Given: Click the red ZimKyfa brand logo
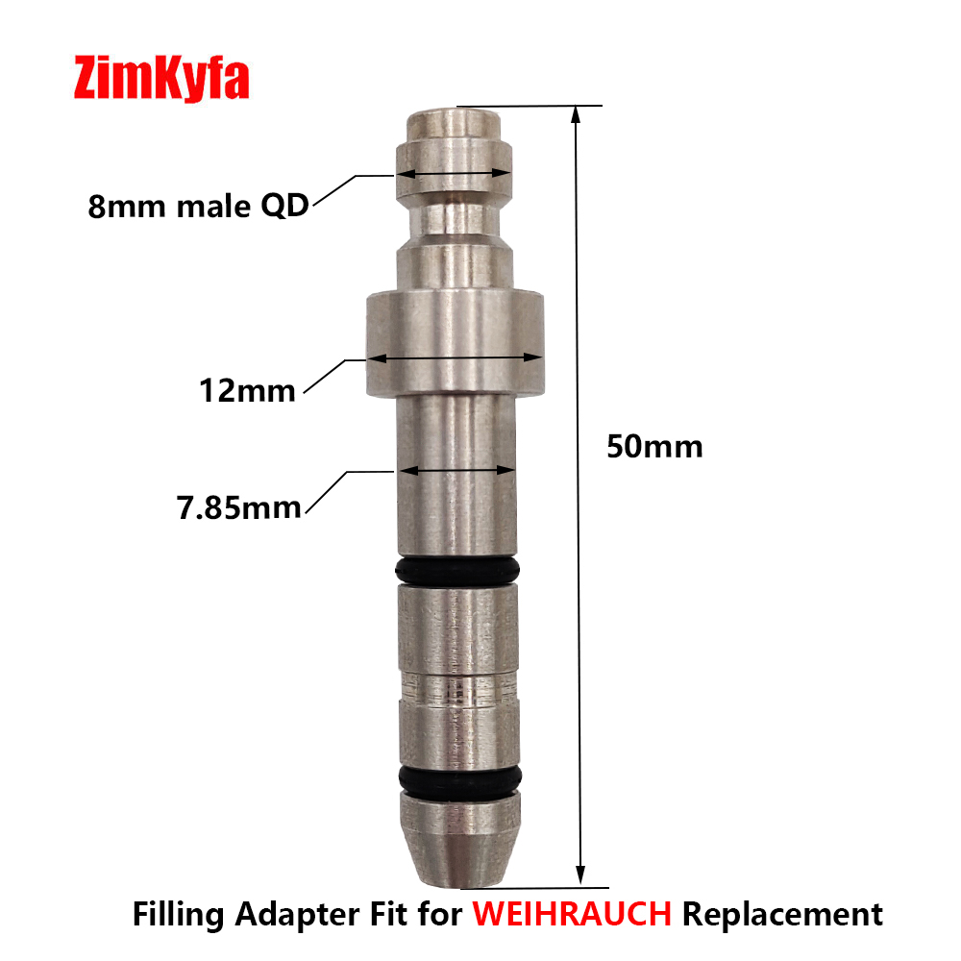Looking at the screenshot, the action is click(x=161, y=78).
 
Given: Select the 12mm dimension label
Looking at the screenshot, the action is click(x=247, y=390).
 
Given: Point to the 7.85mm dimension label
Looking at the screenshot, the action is click(x=238, y=507).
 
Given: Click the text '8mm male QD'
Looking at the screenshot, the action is click(x=198, y=206).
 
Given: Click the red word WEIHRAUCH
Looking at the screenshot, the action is click(x=572, y=914).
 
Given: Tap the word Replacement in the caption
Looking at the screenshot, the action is click(x=782, y=915).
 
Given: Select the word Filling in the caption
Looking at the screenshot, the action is click(x=179, y=915).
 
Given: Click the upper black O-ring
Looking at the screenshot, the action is click(x=457, y=571).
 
